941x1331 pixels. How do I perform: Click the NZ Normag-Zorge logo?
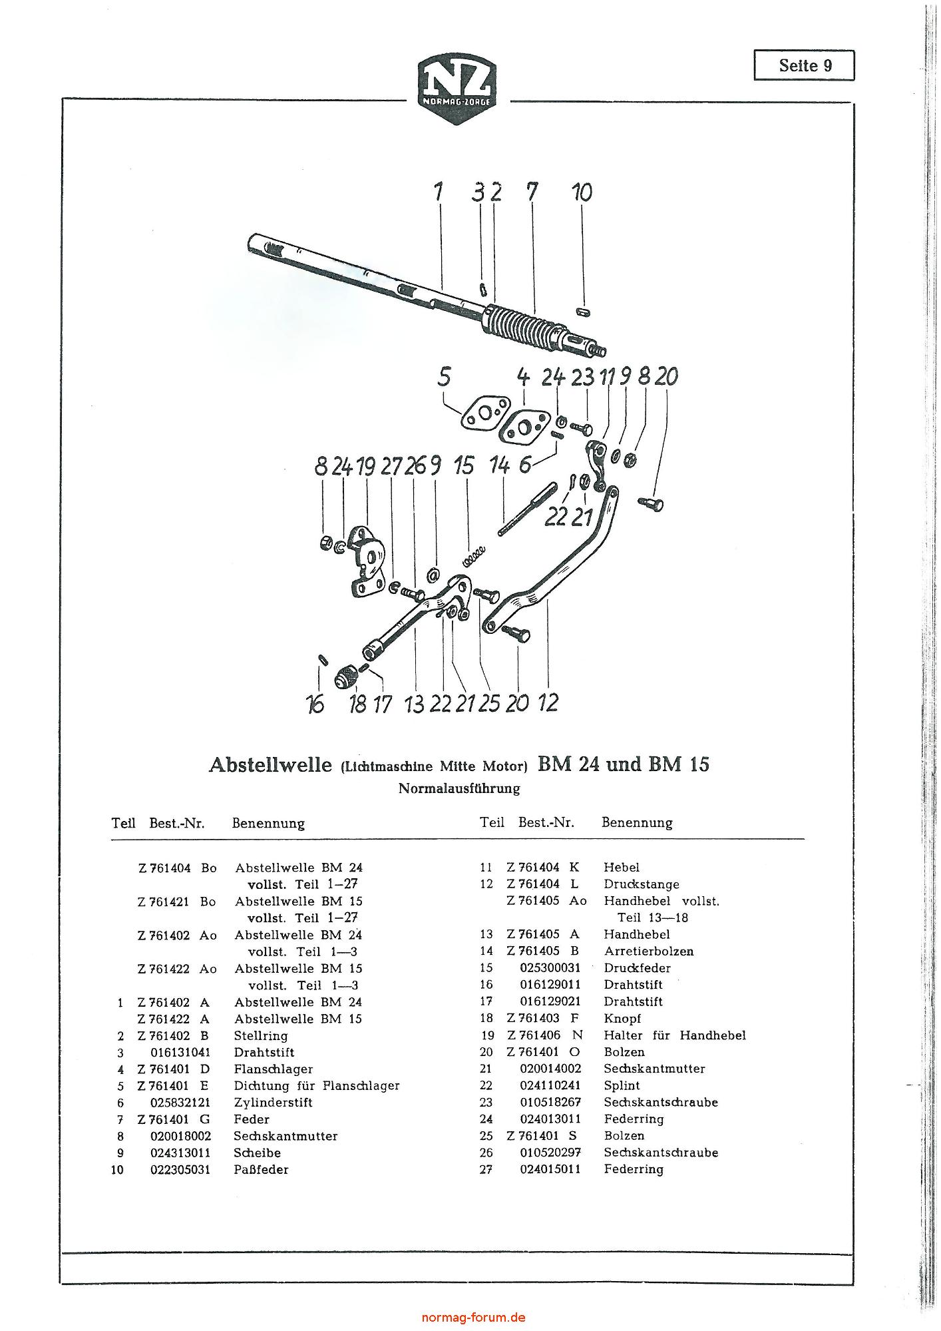pos(458,90)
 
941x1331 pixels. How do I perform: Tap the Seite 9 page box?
pos(804,65)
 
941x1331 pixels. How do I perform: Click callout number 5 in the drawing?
pos(444,377)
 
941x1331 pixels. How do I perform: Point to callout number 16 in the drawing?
pos(315,703)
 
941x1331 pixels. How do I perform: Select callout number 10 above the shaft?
pos(582,192)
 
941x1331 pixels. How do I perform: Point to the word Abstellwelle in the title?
pos(270,764)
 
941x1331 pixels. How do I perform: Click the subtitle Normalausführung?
pos(459,789)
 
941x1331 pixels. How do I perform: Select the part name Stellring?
pos(261,1035)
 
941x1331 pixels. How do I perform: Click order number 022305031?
pos(180,1169)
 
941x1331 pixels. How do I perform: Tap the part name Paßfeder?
pos(261,1169)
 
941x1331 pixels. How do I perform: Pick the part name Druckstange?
pos(642,884)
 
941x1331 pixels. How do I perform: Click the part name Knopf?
pos(622,1018)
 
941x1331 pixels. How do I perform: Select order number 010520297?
pos(550,1153)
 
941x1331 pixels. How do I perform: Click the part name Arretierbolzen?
pos(649,951)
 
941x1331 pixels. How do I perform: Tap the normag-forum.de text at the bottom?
pos(474,1317)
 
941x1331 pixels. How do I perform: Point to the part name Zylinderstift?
pos(273,1103)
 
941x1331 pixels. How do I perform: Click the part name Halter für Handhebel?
pos(675,1035)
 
